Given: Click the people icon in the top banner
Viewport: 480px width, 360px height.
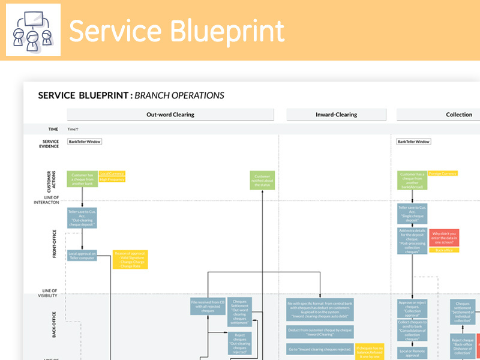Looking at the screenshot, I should pos(33,29).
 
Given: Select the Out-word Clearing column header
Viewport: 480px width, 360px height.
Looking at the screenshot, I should pos(170,115).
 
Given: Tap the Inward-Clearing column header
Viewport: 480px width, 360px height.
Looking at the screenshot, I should pos(336,115).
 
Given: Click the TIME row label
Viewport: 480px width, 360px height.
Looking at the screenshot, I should pos(53,129).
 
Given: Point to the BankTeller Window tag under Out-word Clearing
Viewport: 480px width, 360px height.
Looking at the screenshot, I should pos(85,142).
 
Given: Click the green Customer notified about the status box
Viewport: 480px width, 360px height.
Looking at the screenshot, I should pos(262,181).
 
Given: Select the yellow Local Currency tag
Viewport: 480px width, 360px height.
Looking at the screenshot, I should pos(112,173).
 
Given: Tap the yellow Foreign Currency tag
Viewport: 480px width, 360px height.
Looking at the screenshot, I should pos(443,173).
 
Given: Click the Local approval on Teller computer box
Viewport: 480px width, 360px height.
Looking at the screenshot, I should pos(82,256).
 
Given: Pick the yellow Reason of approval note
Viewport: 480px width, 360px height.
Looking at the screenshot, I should pos(130,259).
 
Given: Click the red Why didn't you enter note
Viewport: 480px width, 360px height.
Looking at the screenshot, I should pos(444,237).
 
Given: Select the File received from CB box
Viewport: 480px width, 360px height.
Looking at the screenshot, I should pos(208,306).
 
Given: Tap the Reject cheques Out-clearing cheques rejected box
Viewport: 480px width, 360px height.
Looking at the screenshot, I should pos(239,343).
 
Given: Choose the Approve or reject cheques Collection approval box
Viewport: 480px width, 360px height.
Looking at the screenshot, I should pos(412,307).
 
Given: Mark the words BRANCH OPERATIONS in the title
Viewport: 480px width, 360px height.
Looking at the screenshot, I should pos(179,95).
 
